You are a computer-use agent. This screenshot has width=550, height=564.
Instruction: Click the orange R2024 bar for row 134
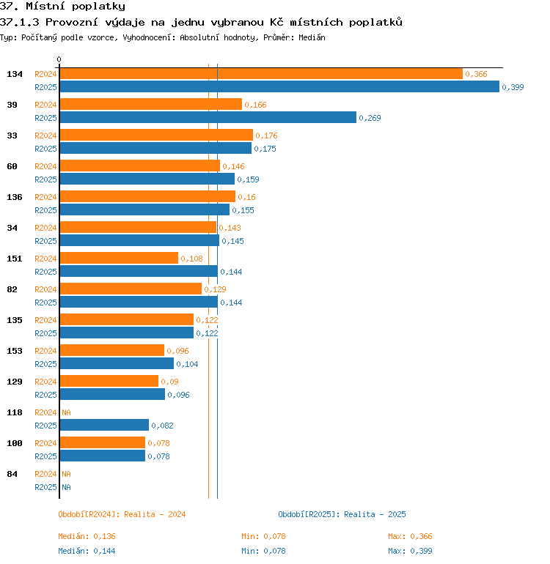coord(261,74)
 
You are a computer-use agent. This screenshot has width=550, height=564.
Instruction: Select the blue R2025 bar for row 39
coord(208,117)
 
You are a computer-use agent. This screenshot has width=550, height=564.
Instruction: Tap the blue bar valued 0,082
coord(104,425)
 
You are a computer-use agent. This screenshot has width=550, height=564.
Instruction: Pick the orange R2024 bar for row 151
coord(119,258)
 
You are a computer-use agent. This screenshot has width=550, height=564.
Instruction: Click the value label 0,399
coord(513,87)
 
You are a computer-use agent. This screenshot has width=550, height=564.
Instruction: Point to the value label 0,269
coord(370,118)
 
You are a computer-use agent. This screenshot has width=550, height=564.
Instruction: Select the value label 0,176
coord(266,136)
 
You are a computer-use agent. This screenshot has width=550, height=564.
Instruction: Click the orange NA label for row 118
coord(66,412)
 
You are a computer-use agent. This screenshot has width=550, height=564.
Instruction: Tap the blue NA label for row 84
coord(66,487)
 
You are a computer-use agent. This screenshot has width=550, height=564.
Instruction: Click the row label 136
coord(15,197)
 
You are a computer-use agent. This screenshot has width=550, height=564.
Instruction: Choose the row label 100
coord(15,443)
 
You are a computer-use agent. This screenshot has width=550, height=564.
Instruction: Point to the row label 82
coord(12,289)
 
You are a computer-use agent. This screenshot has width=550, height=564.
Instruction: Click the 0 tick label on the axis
coord(59,59)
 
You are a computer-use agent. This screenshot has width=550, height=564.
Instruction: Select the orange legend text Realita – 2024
coord(155,514)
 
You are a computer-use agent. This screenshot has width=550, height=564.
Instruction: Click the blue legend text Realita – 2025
coord(375,514)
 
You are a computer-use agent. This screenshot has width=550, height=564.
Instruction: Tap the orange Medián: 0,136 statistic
coord(87,536)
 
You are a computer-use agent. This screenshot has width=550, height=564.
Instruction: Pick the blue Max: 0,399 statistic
coord(410,551)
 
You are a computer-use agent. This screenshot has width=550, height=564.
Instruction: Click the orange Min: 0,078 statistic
coord(264,536)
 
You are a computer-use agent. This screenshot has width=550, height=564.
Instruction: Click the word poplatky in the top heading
coord(98,7)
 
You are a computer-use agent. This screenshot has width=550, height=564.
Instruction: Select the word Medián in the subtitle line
coord(312,37)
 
